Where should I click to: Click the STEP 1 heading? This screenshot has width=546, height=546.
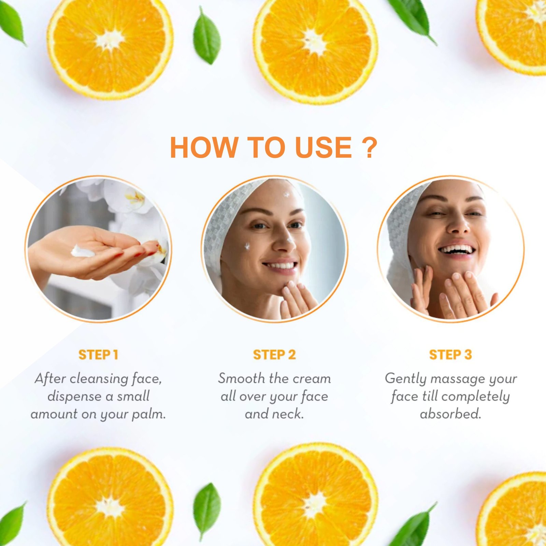pos(98,355)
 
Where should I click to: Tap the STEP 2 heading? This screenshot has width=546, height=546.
pos(274,355)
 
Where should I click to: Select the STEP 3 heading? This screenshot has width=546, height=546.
pos(450,355)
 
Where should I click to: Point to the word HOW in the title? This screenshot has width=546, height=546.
pos(204,147)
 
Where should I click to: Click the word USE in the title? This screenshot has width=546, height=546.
pos(324,147)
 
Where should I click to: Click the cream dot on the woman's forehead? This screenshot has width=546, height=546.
pos(286,195)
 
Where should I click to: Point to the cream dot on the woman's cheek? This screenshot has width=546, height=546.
pos(247,246)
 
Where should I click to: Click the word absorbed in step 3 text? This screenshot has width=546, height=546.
pos(450,414)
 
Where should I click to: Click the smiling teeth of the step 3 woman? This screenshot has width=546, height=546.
pos(457,249)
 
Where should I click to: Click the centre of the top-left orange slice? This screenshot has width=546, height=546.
pos(110,40)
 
